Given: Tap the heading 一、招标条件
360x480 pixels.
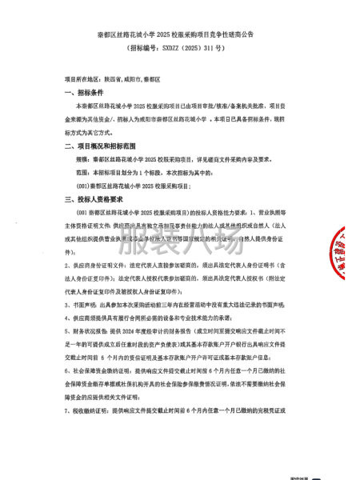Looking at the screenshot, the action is [x=85, y=93].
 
